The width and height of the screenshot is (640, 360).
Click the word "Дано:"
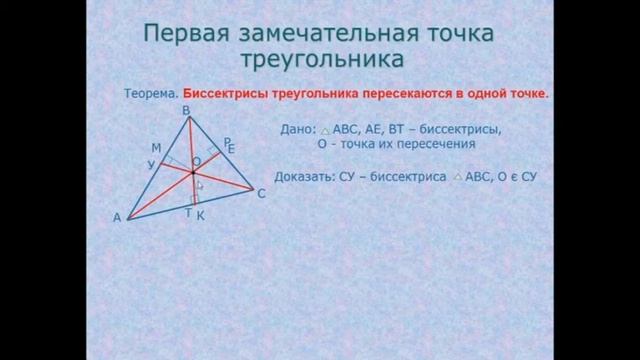click(297, 130)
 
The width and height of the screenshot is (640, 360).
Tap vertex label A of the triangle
click(118, 216)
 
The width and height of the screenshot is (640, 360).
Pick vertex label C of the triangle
click(261, 194)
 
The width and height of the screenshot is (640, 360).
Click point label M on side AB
click(156, 148)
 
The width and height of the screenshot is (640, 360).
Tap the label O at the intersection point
click(196, 160)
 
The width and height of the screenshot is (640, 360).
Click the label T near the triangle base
click(187, 213)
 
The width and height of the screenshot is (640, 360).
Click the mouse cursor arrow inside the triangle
click(200, 184)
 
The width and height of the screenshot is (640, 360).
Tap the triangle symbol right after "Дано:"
click(325, 131)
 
